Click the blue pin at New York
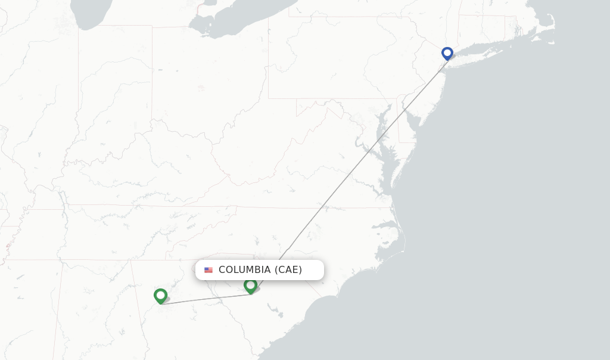click(447, 53)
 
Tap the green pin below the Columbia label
click(250, 285)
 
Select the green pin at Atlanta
click(160, 295)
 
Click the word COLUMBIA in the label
click(244, 270)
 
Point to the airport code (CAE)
click(288, 270)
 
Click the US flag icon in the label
click(208, 270)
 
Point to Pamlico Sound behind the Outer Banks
click(393, 235)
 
